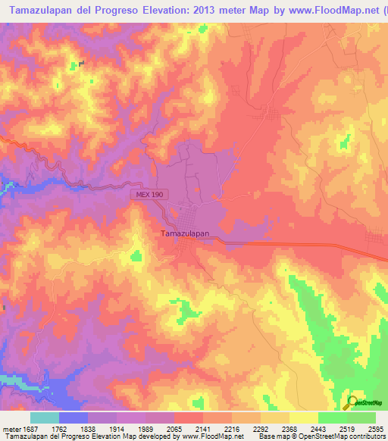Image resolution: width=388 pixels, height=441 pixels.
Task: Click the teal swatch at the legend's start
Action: pos(45,418)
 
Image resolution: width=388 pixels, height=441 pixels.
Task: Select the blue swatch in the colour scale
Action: pos(74,418)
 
